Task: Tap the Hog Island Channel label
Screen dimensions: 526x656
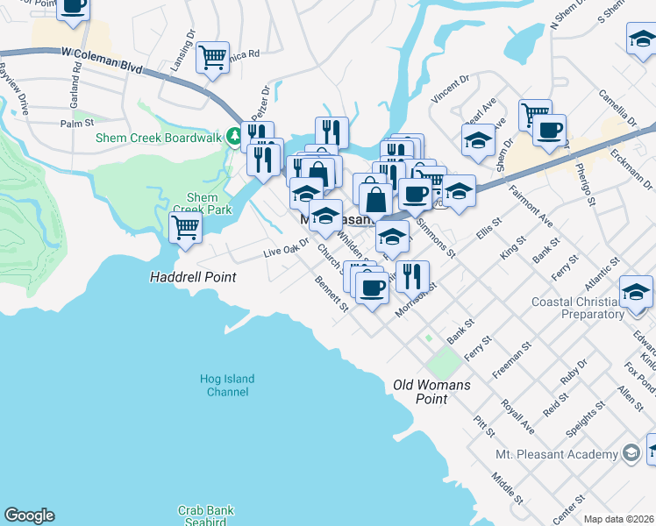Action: click(x=226, y=386)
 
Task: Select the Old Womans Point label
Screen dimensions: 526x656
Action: click(x=431, y=392)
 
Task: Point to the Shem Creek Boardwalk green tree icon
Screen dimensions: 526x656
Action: click(x=234, y=136)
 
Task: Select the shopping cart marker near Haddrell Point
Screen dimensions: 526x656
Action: click(x=186, y=228)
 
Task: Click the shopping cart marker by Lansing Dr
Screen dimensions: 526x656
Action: click(x=212, y=58)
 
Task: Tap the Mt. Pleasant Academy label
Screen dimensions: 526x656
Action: click(x=567, y=454)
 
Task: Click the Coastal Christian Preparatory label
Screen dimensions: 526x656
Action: click(x=578, y=308)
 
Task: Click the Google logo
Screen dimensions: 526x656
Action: click(x=29, y=515)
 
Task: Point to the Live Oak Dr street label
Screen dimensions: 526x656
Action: click(x=287, y=247)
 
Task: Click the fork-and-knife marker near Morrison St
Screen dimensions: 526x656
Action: click(x=412, y=275)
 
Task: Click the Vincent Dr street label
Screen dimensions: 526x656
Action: click(x=452, y=90)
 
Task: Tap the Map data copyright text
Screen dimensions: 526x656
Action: click(x=619, y=519)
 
